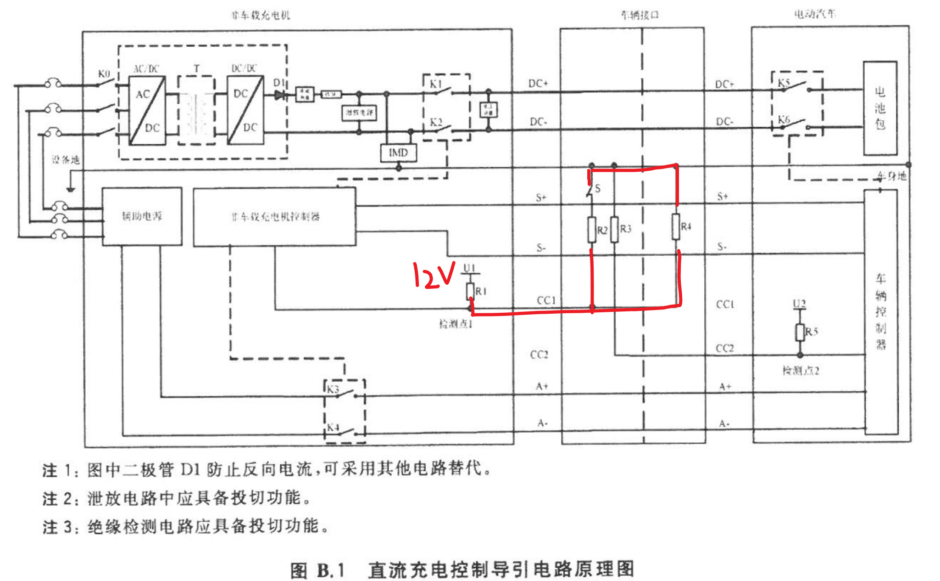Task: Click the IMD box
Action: (398, 153)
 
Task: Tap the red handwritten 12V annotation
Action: (434, 275)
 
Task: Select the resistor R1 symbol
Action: (470, 291)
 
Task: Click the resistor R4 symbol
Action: (676, 226)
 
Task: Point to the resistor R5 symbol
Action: (800, 332)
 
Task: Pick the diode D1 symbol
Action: (279, 95)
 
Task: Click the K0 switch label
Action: (104, 74)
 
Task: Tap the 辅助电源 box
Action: (142, 216)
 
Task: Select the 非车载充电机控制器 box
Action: (274, 217)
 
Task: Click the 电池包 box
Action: (880, 108)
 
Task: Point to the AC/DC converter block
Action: (147, 111)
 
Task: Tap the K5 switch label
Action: (784, 83)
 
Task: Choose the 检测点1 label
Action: (455, 324)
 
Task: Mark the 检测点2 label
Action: (801, 371)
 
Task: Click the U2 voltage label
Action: (799, 304)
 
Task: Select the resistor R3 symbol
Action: (615, 229)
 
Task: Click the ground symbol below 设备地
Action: (70, 188)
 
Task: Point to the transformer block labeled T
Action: (196, 111)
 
